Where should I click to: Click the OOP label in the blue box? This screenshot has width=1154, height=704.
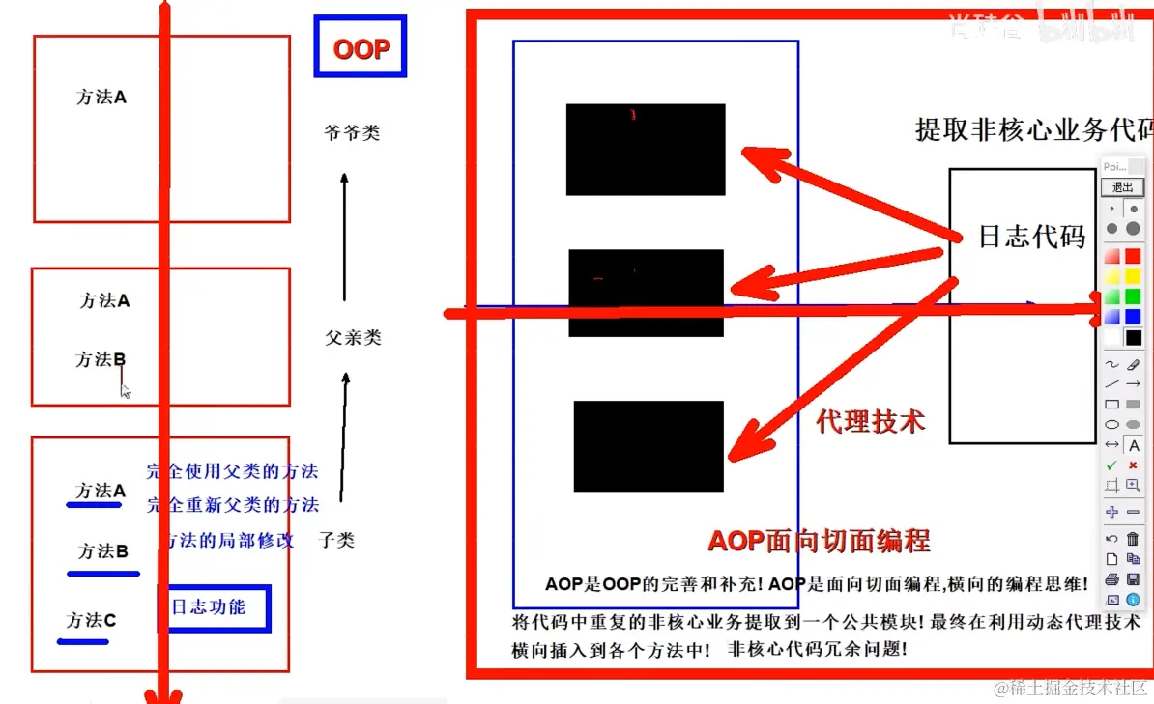(361, 50)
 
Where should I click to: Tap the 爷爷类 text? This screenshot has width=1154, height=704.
(352, 133)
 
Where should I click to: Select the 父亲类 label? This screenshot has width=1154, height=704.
(353, 338)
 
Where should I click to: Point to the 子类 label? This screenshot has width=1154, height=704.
(336, 541)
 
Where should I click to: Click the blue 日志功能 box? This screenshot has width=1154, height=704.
(214, 608)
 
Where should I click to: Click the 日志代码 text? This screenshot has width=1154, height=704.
(1031, 238)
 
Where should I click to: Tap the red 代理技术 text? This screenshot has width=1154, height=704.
(870, 422)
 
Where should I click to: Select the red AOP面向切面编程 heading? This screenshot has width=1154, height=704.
(819, 541)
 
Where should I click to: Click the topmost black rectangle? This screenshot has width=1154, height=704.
(646, 150)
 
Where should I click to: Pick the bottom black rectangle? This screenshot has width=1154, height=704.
(649, 446)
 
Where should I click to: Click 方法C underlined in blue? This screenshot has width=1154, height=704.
(91, 621)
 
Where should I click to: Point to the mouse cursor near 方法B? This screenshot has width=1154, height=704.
(125, 389)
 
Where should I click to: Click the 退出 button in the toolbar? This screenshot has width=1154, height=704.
(1122, 187)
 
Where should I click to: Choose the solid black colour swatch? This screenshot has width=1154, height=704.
(1134, 337)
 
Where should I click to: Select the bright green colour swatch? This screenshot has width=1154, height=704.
(1134, 296)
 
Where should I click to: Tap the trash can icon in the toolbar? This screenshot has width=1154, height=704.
(1134, 539)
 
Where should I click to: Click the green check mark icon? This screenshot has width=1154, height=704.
(1111, 465)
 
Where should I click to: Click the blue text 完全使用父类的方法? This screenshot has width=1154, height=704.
(232, 472)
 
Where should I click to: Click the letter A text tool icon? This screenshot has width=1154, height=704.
(1134, 446)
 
